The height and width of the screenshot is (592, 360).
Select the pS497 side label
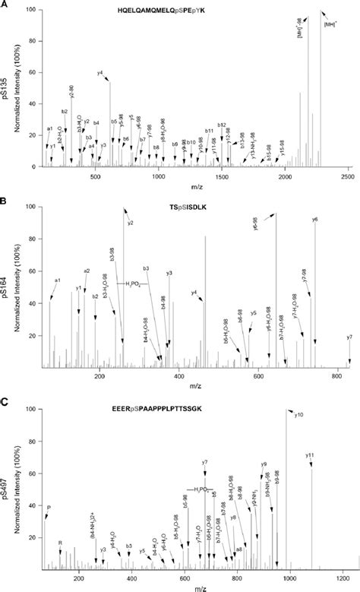click(7, 488)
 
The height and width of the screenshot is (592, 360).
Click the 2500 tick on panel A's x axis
click(347, 176)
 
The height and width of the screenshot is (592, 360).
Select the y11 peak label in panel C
click(310, 455)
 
